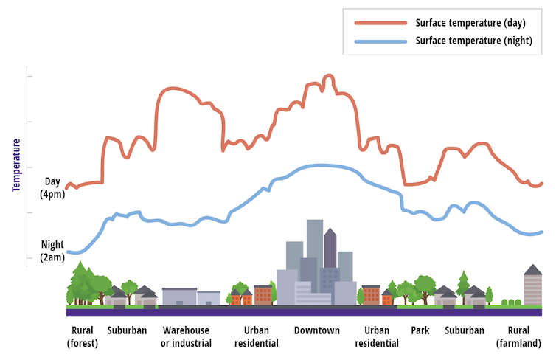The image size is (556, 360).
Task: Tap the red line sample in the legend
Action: (380, 23)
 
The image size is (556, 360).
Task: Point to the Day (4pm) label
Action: (52, 188)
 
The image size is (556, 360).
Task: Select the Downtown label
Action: (317, 330)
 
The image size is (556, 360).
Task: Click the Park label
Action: (420, 330)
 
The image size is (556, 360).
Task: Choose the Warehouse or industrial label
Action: (186, 336)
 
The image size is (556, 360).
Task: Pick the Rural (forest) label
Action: (82, 336)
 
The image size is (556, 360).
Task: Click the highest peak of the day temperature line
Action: (328, 76)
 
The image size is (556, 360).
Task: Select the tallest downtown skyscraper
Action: (315, 243)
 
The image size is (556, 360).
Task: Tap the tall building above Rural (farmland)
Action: (532, 286)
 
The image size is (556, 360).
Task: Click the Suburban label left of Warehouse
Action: (127, 330)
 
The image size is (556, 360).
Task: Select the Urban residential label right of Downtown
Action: (376, 336)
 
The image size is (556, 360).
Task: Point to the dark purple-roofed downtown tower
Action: (330, 251)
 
